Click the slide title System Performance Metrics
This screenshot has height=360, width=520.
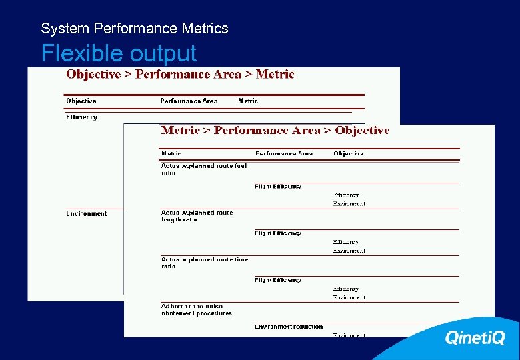(x=134, y=29)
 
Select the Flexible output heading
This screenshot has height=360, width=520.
(x=119, y=53)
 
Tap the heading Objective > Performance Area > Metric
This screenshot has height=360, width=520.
(x=180, y=75)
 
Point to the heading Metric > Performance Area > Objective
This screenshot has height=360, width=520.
(x=275, y=131)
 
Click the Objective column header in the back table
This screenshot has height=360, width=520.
(x=81, y=101)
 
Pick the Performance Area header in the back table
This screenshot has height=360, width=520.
(x=189, y=101)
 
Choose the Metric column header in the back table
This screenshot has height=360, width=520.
(x=248, y=101)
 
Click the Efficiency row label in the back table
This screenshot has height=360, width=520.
(x=81, y=117)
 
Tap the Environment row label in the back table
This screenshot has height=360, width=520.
(x=86, y=214)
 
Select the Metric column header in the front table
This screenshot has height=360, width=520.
(x=171, y=154)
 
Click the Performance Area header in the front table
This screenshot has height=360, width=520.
(x=284, y=154)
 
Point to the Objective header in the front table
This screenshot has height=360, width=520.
(x=349, y=154)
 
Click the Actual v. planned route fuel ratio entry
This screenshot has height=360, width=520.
(x=203, y=169)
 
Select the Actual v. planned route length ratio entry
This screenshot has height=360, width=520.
(x=197, y=216)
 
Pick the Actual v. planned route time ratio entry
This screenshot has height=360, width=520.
(x=204, y=263)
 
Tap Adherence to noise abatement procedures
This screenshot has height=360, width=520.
(x=196, y=310)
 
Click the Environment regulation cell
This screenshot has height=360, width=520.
(x=289, y=327)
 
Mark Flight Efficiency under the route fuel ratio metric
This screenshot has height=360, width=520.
(x=278, y=187)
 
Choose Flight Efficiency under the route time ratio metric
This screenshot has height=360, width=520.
(x=278, y=280)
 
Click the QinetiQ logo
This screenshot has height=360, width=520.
(x=475, y=338)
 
